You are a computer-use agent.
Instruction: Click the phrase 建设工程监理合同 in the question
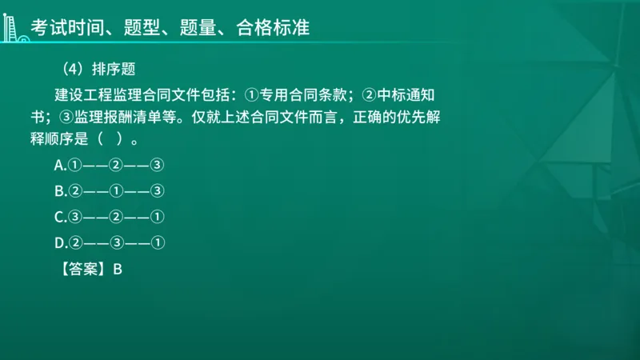click(x=110, y=94)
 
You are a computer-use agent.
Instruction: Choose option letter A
click(x=59, y=166)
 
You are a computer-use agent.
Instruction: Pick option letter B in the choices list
click(x=59, y=190)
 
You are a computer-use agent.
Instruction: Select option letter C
click(x=59, y=216)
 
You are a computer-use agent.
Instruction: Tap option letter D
click(x=59, y=242)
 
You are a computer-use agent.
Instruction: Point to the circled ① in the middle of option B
click(x=116, y=190)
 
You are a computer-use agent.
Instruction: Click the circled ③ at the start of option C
click(x=75, y=216)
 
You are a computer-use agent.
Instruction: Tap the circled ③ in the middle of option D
click(x=116, y=242)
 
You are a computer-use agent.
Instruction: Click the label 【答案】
click(x=82, y=270)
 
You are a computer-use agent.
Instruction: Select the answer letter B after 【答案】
click(x=117, y=270)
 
